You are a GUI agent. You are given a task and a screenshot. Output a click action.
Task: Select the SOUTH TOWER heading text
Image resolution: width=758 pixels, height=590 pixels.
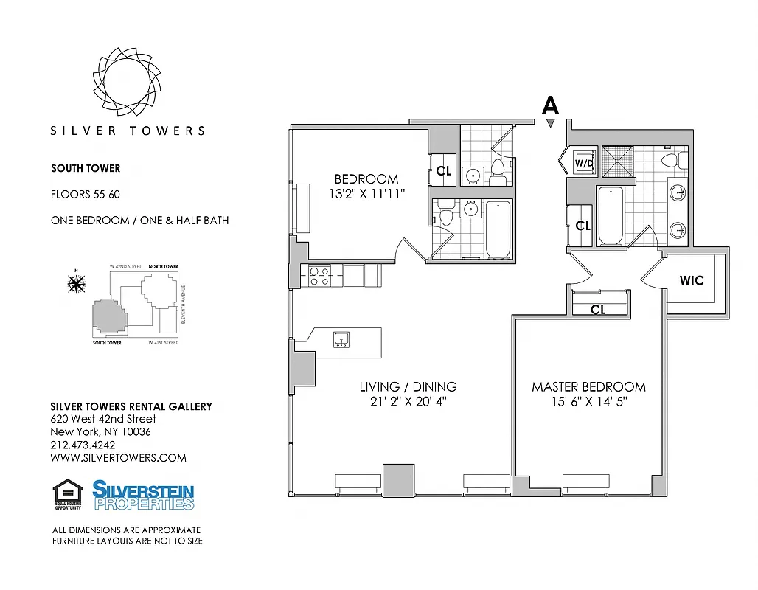86,168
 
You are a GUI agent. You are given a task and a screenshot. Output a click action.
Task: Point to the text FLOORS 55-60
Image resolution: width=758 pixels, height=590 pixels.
85,195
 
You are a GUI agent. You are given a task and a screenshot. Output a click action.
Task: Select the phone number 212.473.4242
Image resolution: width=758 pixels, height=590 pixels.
83,445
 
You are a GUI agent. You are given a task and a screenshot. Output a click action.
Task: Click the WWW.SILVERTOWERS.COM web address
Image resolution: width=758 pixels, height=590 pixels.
118,458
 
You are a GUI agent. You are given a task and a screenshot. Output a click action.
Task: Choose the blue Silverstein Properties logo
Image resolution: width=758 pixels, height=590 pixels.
143,495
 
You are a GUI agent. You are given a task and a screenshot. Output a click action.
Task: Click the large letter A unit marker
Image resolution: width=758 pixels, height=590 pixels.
550,105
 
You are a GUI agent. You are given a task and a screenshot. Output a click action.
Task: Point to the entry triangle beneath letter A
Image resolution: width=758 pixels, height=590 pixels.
550,124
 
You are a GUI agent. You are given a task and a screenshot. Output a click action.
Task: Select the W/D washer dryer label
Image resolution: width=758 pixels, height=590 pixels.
584,162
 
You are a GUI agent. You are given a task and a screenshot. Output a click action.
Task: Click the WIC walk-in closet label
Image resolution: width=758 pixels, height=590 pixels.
692,280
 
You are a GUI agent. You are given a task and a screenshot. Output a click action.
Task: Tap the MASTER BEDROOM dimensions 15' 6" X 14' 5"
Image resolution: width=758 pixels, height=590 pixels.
588,403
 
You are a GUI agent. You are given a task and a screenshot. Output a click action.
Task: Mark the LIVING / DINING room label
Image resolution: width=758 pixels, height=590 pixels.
408,386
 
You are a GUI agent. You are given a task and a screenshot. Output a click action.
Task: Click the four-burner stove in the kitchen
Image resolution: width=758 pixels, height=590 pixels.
318,276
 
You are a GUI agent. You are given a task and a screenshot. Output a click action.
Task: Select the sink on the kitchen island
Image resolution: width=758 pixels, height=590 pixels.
341,339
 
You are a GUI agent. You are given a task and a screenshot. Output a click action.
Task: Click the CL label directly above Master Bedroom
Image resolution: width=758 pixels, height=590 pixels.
598,310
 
